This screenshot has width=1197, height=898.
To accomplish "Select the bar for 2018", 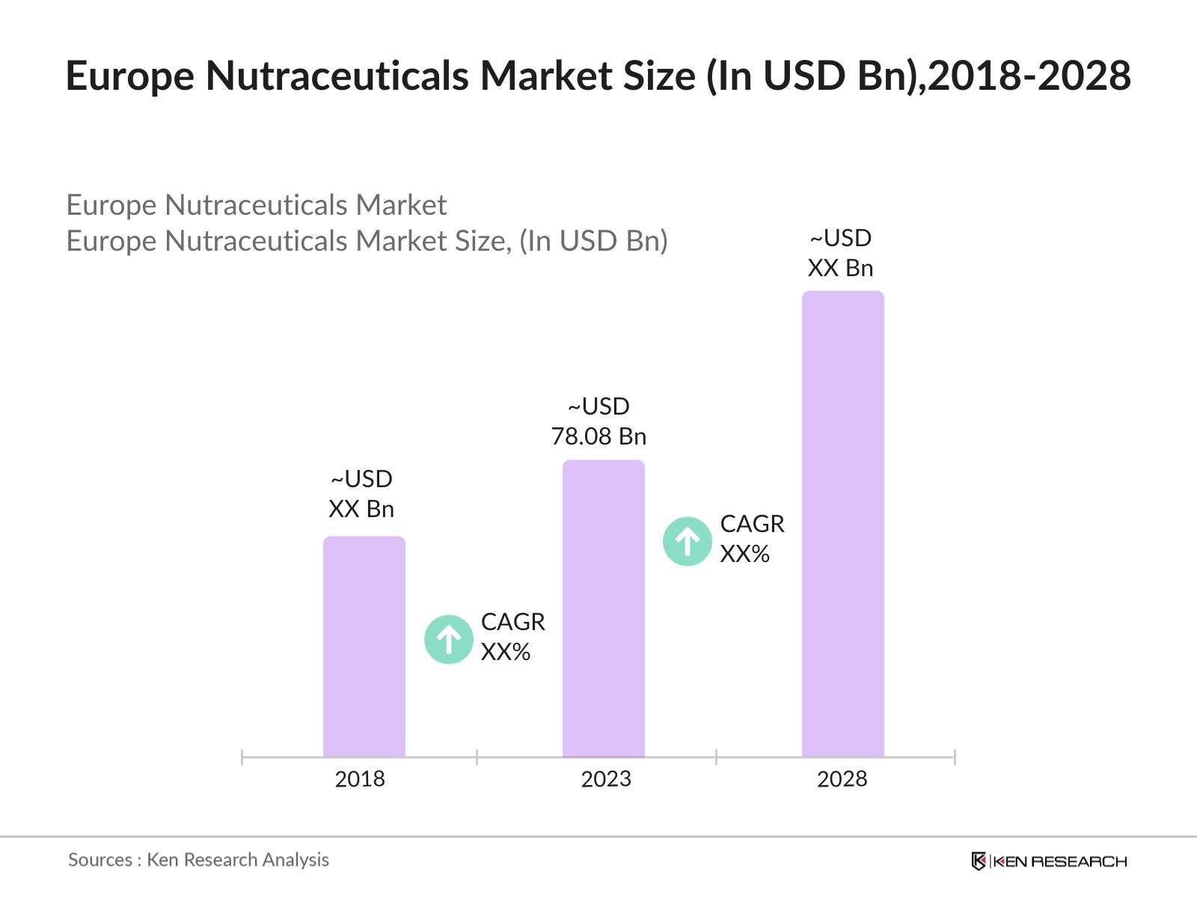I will (364, 647).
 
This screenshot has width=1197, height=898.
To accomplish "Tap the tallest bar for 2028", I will (842, 524).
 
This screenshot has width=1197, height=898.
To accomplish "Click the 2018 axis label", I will (360, 779).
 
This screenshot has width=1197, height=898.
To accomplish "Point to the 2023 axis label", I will (606, 779).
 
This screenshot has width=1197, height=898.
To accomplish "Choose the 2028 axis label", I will (842, 779).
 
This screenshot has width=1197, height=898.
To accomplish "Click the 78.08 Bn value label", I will (598, 436).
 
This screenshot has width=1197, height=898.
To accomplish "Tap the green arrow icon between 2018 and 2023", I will (449, 639).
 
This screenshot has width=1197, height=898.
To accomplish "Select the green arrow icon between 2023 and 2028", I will (687, 541).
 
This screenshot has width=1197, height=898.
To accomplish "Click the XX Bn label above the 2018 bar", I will (361, 509).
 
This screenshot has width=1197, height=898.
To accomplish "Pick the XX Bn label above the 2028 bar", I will (840, 268).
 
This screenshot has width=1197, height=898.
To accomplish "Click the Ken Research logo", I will (1049, 861).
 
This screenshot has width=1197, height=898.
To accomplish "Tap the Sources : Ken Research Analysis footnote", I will (198, 860).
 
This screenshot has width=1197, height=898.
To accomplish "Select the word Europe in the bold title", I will (129, 76).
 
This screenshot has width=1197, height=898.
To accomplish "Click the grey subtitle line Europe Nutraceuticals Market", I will (256, 205).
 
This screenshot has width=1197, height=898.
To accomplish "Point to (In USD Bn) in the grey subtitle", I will (593, 241).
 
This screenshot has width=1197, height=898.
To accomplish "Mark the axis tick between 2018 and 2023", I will (477, 757).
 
